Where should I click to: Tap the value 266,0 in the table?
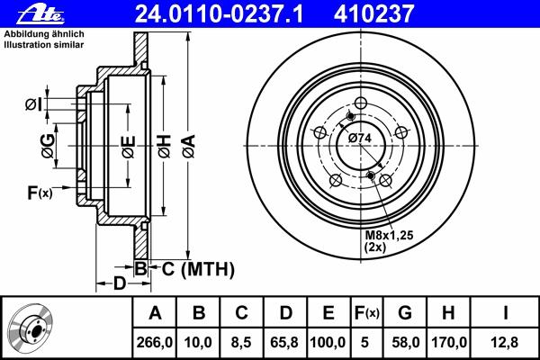154,342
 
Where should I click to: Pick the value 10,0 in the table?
200,342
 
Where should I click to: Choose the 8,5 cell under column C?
241,342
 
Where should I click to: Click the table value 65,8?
283,342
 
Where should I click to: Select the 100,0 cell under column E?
328,342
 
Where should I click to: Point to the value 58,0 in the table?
404,342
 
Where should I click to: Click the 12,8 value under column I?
506,342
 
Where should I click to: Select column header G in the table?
404,313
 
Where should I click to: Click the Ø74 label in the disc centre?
360,137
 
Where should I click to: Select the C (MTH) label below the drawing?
198,268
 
